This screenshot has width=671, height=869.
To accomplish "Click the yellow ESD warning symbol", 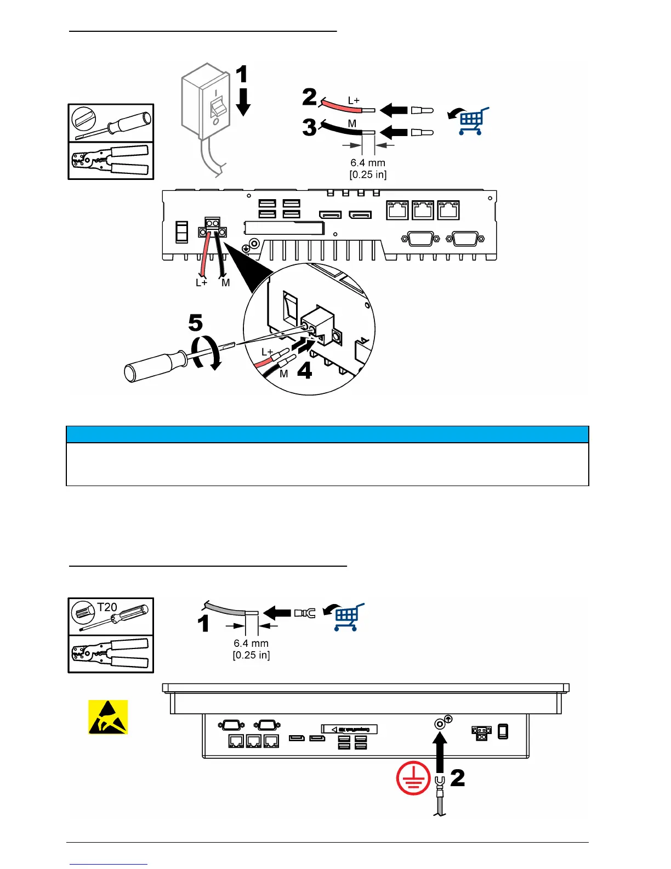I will coord(108,716).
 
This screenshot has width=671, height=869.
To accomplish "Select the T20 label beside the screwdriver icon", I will coord(107,607).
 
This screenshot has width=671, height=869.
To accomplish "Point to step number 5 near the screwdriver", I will coord(195,323).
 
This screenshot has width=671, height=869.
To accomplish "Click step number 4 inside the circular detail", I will coord(304,371).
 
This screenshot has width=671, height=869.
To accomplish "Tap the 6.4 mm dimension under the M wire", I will coord(368,163).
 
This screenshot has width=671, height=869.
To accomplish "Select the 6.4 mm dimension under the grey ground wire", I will coord(251,643).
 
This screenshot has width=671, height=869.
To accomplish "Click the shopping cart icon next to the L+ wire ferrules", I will coord(471,121).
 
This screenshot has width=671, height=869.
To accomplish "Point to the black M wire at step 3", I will coord(341,128).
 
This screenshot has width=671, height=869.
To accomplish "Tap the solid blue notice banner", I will coord(327,435).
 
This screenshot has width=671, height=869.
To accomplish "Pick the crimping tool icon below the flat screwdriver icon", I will coord(111,161).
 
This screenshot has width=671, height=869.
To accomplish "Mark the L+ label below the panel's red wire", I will coord(201,283).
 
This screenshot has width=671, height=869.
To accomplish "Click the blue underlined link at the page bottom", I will coord(109,864).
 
